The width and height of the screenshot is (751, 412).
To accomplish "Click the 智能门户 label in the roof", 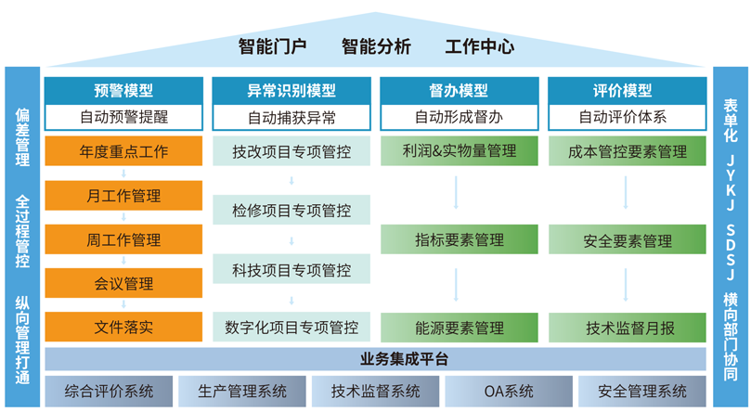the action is (273, 46).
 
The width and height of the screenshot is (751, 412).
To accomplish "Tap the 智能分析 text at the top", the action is (376, 46).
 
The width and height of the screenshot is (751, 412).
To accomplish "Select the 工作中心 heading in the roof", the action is (479, 46).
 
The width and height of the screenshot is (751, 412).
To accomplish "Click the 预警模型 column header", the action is (123, 90).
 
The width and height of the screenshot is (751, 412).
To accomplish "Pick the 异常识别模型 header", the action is (291, 90).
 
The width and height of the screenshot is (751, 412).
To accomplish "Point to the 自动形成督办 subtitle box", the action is (459, 117).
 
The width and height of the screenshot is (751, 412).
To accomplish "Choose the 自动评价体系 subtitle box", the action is (627, 117).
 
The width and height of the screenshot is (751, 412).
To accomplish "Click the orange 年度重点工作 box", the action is (123, 151).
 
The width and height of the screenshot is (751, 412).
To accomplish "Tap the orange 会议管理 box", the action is (123, 283).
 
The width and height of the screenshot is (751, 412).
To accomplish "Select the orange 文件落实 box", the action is (123, 327).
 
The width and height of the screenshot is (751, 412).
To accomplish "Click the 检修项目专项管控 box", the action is (291, 210).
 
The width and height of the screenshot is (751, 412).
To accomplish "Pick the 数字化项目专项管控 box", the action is (291, 328).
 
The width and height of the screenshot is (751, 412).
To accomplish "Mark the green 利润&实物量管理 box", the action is (459, 151).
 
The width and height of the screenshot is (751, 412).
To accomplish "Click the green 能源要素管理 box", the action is (459, 328).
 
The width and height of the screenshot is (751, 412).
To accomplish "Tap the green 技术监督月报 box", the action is (627, 328).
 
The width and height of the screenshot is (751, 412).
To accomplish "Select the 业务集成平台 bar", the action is (375, 359).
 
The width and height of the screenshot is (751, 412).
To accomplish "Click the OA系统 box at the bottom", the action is (509, 392).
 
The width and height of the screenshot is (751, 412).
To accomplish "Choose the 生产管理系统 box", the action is (242, 392).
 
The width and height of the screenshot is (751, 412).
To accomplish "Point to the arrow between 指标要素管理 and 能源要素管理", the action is (456, 285).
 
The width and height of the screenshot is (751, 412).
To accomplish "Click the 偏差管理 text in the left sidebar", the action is (22, 137).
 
